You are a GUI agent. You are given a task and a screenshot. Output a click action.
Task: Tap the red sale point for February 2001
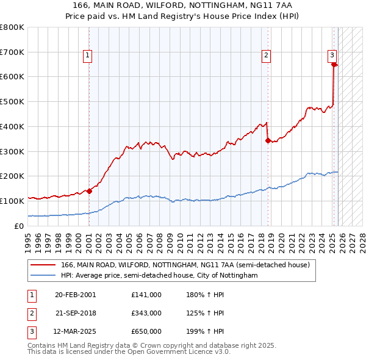89,191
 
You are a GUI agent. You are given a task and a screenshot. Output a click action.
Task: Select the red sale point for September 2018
268,140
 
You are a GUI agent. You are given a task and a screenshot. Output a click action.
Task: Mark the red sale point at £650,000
334,65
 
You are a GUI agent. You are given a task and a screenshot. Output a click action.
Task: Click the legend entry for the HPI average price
159,276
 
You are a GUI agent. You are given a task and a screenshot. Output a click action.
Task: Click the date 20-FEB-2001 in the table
75,295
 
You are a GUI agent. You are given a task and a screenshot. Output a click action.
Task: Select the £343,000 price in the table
146,313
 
